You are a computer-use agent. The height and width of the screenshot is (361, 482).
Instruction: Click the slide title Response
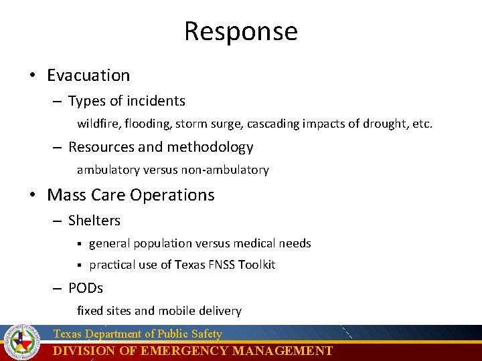point(241,31)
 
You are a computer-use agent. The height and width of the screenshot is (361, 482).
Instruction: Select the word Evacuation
point(88,76)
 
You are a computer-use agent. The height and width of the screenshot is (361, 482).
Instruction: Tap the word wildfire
point(96,124)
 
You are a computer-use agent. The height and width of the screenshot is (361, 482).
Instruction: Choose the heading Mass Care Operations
point(131,195)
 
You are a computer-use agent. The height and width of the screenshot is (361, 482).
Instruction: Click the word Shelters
point(94,221)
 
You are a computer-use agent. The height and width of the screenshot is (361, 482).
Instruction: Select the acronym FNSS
point(223,265)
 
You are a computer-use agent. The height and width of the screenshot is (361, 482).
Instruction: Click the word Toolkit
point(258,265)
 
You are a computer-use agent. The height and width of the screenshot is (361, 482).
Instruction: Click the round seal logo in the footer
point(23,342)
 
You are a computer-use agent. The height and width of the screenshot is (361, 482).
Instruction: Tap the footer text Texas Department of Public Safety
point(137,334)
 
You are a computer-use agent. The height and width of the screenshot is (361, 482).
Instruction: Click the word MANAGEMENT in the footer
point(283,351)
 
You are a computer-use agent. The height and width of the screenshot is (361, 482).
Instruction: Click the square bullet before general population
point(79,244)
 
